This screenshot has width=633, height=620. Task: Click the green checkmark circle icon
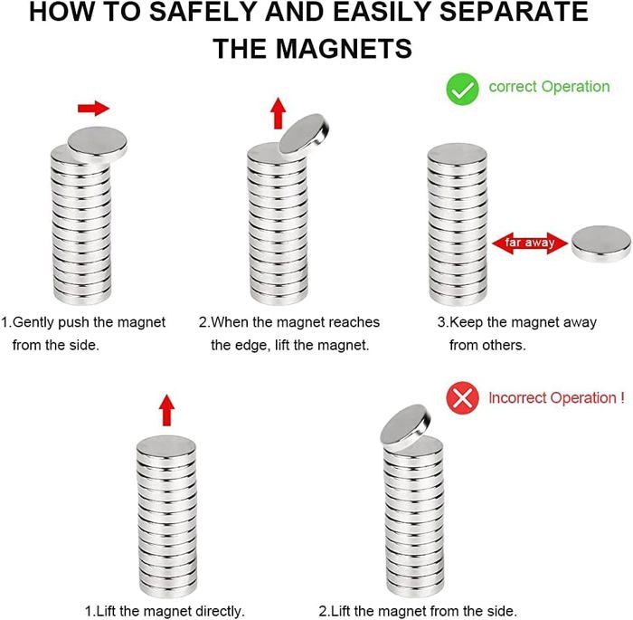(x=462, y=89)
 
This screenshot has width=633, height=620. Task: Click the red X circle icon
(x=462, y=397)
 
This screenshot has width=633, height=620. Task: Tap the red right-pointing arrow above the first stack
(x=94, y=108)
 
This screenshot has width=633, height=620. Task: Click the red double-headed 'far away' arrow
(x=530, y=243)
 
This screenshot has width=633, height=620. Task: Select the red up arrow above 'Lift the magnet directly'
(x=166, y=410)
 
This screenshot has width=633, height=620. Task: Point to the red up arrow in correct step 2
(x=278, y=113)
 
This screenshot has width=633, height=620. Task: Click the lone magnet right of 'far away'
(x=601, y=243)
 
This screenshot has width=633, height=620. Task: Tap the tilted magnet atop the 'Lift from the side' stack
(x=405, y=427)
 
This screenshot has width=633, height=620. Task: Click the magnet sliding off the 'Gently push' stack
(x=98, y=144)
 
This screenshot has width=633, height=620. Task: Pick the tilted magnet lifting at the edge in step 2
(x=304, y=134)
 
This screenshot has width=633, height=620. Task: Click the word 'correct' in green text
(x=513, y=87)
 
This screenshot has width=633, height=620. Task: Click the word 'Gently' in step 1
(x=33, y=322)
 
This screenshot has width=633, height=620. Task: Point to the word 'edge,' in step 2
(x=253, y=346)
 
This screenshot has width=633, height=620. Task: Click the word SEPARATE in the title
(x=514, y=12)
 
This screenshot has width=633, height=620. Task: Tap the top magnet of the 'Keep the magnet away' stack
(x=457, y=156)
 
